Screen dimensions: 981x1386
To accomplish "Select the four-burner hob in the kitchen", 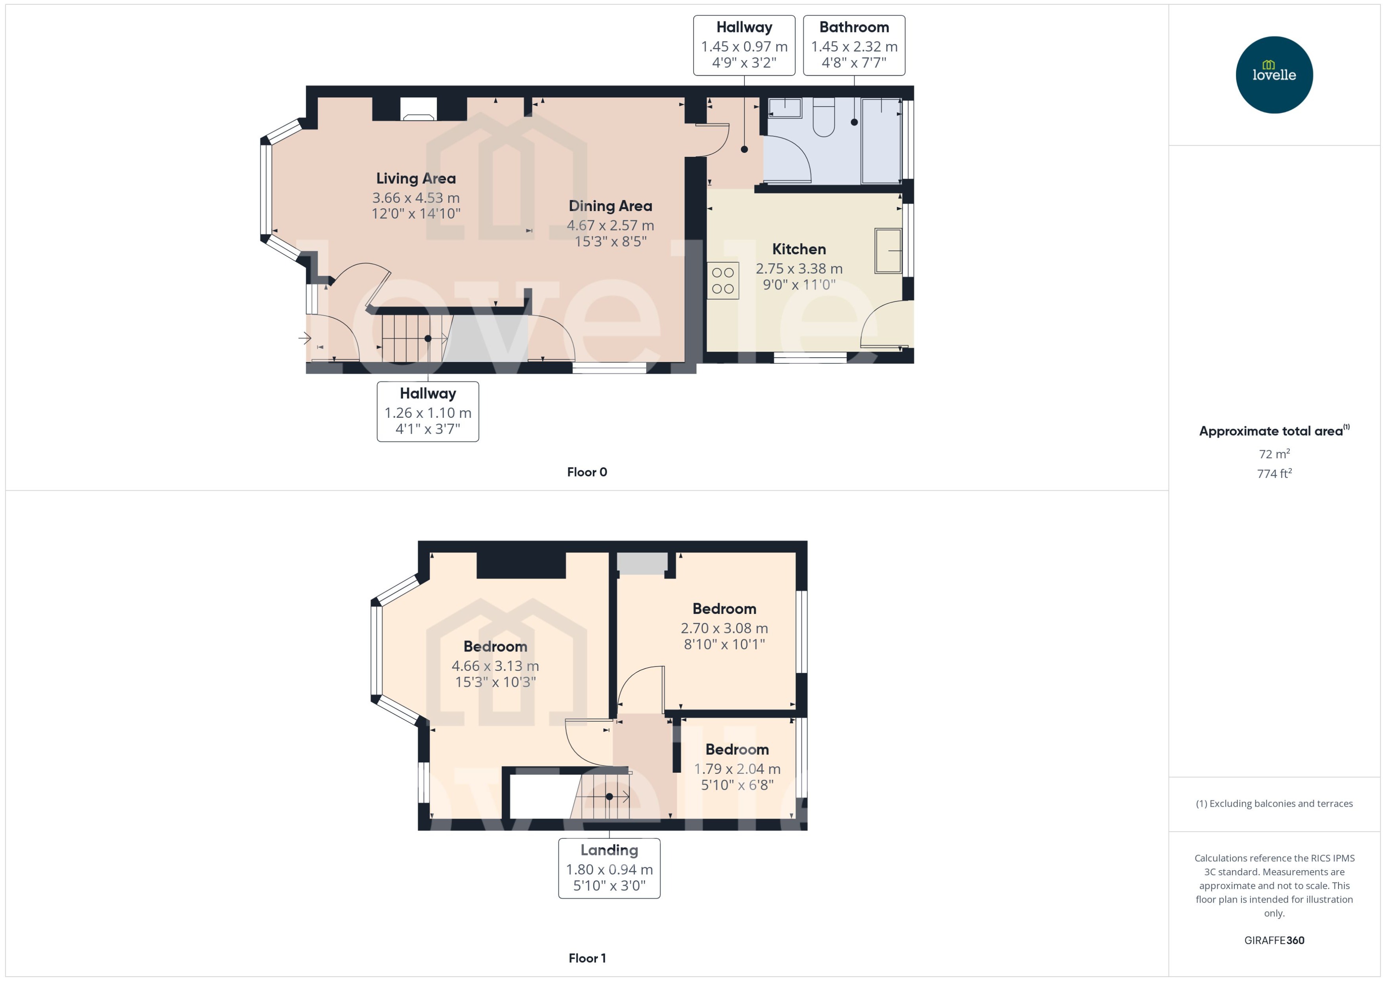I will point(722,281).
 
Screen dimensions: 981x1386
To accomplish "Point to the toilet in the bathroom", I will point(823,117).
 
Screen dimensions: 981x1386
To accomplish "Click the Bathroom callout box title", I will point(853,27).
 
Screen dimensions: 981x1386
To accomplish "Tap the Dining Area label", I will point(610,206).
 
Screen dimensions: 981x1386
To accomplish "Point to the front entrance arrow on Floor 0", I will point(305,338).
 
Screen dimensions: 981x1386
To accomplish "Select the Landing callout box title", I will point(609,850).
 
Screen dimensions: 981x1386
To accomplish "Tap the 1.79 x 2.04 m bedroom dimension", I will point(737,769).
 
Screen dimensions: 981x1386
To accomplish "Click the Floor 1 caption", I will point(586,958).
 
